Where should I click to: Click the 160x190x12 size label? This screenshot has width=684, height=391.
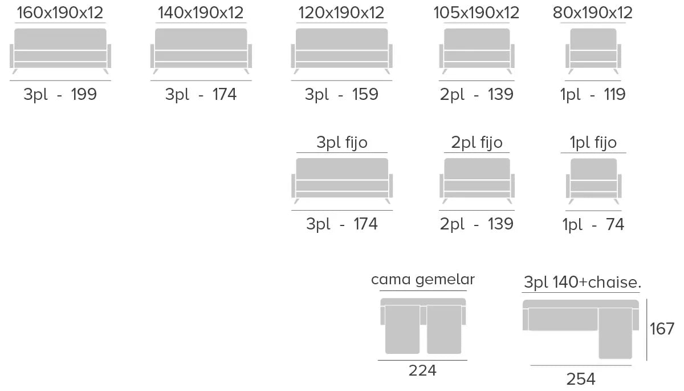click(x=60, y=13)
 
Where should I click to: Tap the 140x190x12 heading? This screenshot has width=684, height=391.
click(x=201, y=13)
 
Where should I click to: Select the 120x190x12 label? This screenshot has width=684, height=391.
click(x=341, y=13)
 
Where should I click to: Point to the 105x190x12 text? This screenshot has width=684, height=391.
click(x=477, y=13)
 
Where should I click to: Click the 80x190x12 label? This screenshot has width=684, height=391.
click(x=593, y=13)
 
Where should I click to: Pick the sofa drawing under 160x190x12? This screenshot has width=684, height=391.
click(x=60, y=50)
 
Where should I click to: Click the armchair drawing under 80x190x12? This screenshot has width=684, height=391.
click(x=593, y=50)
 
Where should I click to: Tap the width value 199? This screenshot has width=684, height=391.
click(x=84, y=95)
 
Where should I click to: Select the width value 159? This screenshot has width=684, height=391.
click(x=365, y=95)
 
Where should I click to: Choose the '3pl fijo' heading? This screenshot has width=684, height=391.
click(x=342, y=143)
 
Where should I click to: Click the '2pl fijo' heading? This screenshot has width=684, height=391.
click(x=477, y=143)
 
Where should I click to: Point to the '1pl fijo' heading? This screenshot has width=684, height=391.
click(x=593, y=143)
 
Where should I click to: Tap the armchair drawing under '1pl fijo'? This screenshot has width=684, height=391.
click(x=593, y=179)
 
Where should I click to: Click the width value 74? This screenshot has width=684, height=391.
click(x=615, y=225)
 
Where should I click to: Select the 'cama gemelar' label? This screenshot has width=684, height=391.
click(x=422, y=280)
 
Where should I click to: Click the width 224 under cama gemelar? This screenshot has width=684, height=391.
click(x=422, y=371)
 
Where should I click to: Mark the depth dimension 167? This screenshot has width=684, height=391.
click(x=662, y=329)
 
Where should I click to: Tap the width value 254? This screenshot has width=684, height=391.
click(x=581, y=379)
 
